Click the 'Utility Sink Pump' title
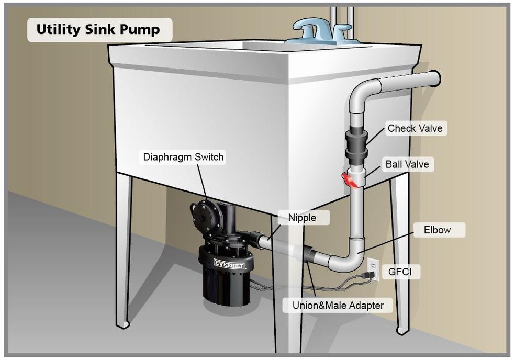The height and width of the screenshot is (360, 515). point(98,30)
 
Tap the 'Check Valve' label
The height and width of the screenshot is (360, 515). point(415,128)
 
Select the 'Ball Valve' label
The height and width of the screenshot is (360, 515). point(407,164)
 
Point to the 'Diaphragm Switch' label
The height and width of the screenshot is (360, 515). point(183,156)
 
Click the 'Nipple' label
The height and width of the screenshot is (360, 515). point(302,217)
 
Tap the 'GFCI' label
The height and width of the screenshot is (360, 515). point(403,272)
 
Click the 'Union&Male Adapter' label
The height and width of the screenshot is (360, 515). point(337,305)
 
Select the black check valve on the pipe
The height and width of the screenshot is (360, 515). point(356,144)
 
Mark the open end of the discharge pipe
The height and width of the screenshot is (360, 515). point(435,79)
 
